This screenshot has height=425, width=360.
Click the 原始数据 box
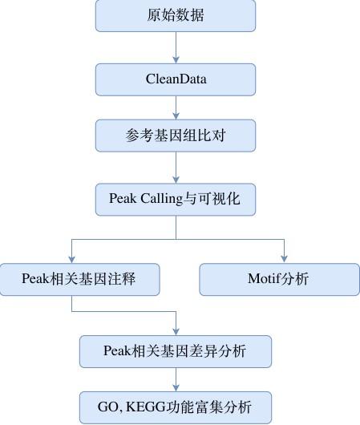tap(176, 15)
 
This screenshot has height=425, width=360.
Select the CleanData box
tap(176, 79)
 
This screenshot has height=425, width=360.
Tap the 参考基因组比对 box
tap(176, 136)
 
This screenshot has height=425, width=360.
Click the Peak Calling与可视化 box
tap(176, 200)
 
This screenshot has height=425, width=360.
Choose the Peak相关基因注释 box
tap(79, 279)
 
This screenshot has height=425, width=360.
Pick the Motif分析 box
tap(280, 279)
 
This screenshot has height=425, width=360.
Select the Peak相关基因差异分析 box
tap(176, 351)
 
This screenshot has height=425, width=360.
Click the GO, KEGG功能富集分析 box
tap(176, 407)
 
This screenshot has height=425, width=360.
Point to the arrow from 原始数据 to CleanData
tap(176, 47)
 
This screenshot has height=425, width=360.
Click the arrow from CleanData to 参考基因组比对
tap(176, 107)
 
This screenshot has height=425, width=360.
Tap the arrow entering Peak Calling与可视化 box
tap(176, 168)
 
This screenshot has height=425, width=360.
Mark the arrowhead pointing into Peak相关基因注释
tap(72, 260)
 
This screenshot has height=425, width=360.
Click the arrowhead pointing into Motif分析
tap(284, 259)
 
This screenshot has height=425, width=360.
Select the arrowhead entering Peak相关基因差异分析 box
tap(176, 332)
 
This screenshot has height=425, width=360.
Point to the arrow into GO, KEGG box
tap(176, 379)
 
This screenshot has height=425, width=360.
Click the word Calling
tap(162, 199)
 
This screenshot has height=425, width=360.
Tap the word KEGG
tap(146, 407)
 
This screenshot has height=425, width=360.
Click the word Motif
tap(263, 278)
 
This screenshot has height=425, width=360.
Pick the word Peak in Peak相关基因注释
tap(36, 278)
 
